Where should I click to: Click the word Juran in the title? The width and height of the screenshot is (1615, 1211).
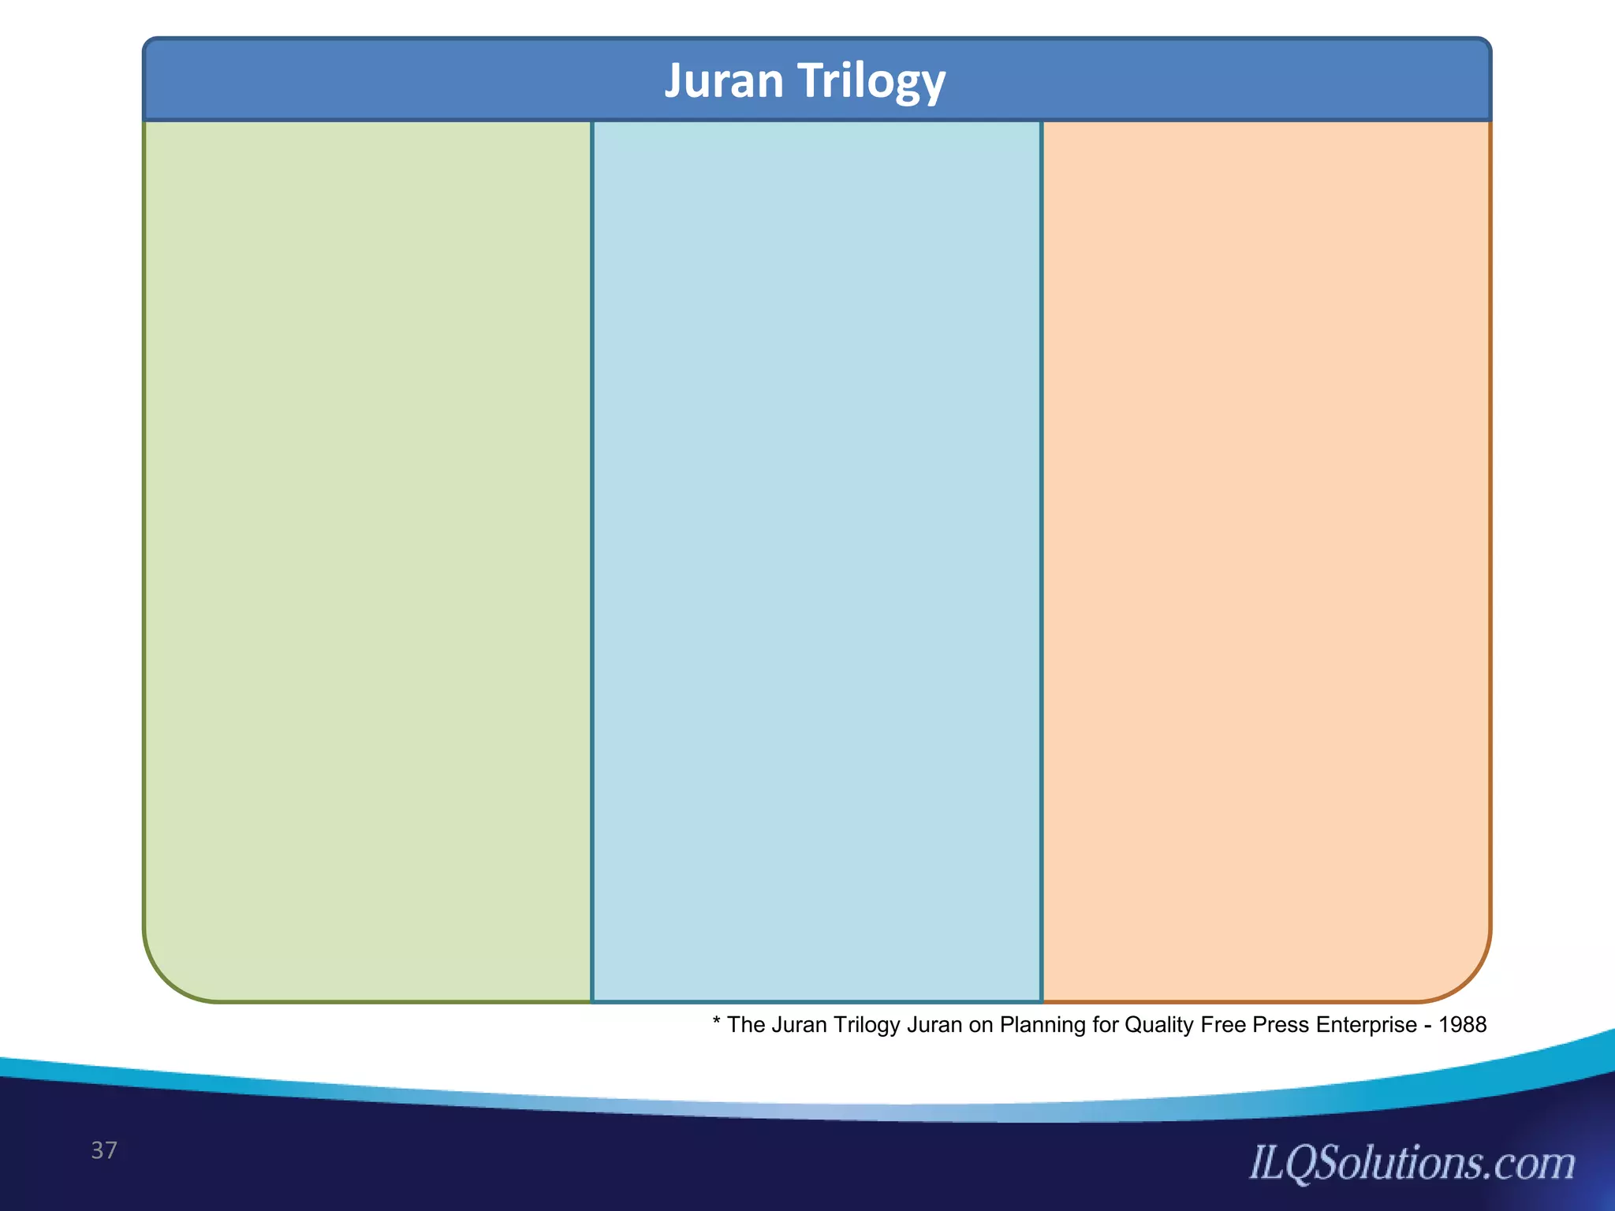pyautogui.click(x=725, y=80)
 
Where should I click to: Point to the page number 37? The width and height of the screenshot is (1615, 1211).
pyautogui.click(x=104, y=1150)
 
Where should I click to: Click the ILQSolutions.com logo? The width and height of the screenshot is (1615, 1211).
pyautogui.click(x=1412, y=1164)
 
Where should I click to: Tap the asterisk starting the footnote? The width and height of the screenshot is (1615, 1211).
pyautogui.click(x=717, y=1023)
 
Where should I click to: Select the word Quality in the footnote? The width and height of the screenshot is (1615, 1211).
pyautogui.click(x=1159, y=1025)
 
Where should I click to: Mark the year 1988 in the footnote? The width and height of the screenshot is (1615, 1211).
pyautogui.click(x=1463, y=1025)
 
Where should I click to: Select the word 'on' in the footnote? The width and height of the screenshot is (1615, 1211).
pyautogui.click(x=981, y=1025)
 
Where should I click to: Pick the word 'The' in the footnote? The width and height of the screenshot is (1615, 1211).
pyautogui.click(x=746, y=1025)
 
